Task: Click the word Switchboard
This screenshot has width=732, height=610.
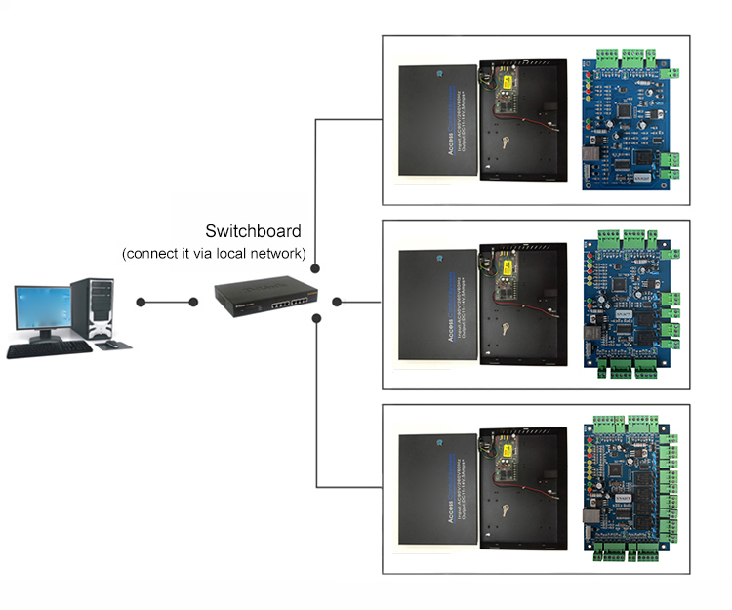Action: click(253, 232)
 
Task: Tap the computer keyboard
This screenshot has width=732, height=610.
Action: click(49, 347)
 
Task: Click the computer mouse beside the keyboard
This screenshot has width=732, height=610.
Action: click(110, 346)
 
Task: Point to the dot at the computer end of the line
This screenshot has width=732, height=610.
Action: click(142, 302)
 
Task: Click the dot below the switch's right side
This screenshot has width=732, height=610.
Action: click(317, 319)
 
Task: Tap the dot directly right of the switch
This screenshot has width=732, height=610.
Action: click(336, 302)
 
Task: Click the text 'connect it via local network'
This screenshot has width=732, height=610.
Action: click(215, 254)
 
